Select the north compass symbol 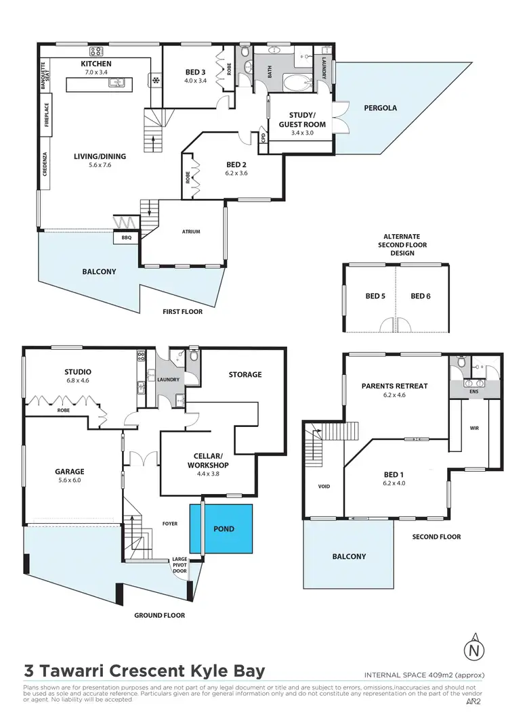tap(477, 650)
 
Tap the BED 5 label tap(376, 296)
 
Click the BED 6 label tap(421, 296)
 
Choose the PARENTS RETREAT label tap(394, 386)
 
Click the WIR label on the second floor tap(474, 428)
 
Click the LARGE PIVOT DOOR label tap(179, 564)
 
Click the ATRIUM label tap(191, 231)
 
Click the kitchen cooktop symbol tap(96, 51)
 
